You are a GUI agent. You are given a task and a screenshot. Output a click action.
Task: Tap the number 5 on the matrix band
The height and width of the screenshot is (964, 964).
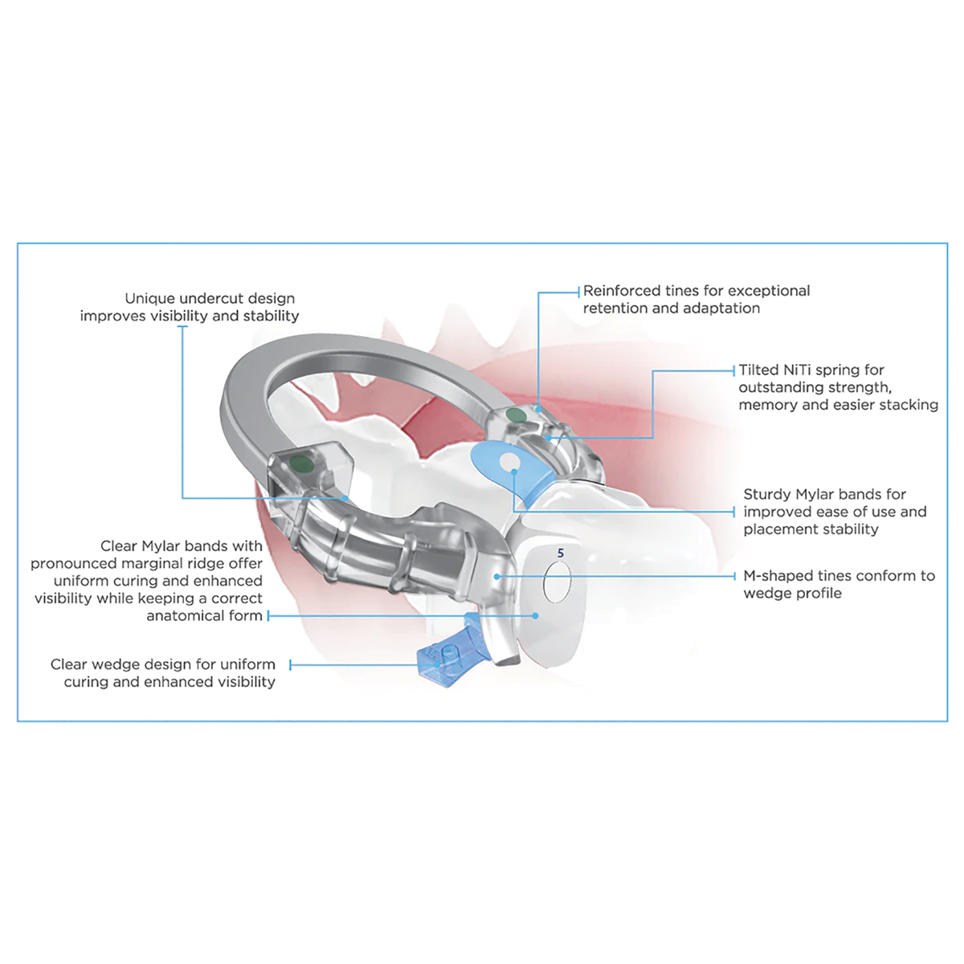[561, 553]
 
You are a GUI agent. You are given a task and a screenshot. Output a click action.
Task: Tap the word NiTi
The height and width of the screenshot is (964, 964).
[799, 370]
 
